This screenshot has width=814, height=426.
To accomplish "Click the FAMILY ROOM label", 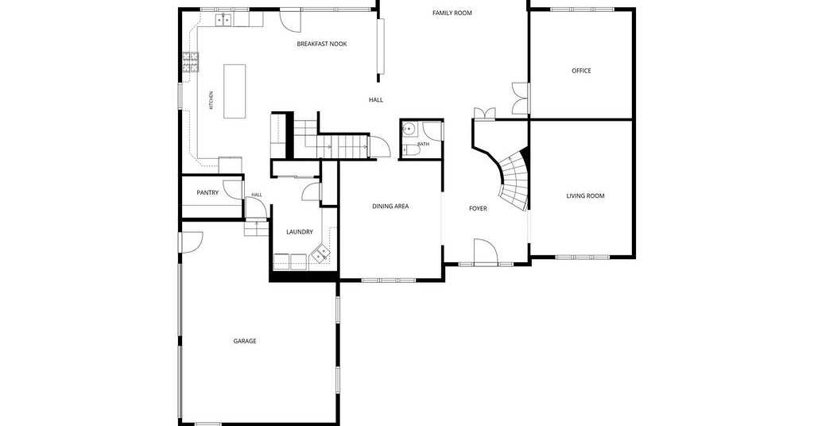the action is tap(452, 13).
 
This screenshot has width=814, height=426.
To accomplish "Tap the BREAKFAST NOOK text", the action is tap(322, 44).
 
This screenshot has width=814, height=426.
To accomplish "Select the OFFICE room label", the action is tap(581, 71).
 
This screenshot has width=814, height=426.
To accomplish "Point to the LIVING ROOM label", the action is tap(585, 196).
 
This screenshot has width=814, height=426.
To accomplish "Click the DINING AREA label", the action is tap(390, 206).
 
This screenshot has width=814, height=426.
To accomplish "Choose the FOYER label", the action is tap(478, 208).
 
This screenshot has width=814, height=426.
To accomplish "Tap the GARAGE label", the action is tap(245, 341).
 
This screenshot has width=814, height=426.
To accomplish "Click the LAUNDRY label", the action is tap(300, 232).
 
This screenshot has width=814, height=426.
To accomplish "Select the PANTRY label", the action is tap(207, 192).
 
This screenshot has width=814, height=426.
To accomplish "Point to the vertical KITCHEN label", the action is tap(211, 100).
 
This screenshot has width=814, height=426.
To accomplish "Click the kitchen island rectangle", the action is tap(235, 91).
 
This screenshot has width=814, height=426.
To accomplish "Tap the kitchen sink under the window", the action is tap(223, 20).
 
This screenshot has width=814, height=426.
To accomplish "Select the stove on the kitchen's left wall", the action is tap(191, 62).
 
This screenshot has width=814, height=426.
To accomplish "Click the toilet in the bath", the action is tap(412, 150).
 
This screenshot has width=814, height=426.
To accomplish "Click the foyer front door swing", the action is tap(486, 252).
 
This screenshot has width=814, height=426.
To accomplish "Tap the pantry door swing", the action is tap(233, 189).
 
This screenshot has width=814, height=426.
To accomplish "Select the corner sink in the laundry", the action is tap(320, 254).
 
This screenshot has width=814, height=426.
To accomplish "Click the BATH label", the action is tap(423, 144).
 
